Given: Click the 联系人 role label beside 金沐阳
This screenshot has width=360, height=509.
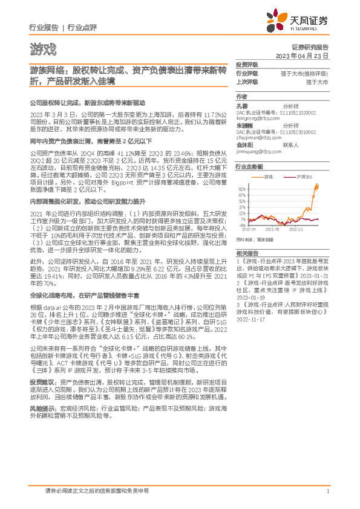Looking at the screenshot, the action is [x=290, y=145].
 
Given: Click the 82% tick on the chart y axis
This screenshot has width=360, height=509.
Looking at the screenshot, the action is [x=242, y=190].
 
